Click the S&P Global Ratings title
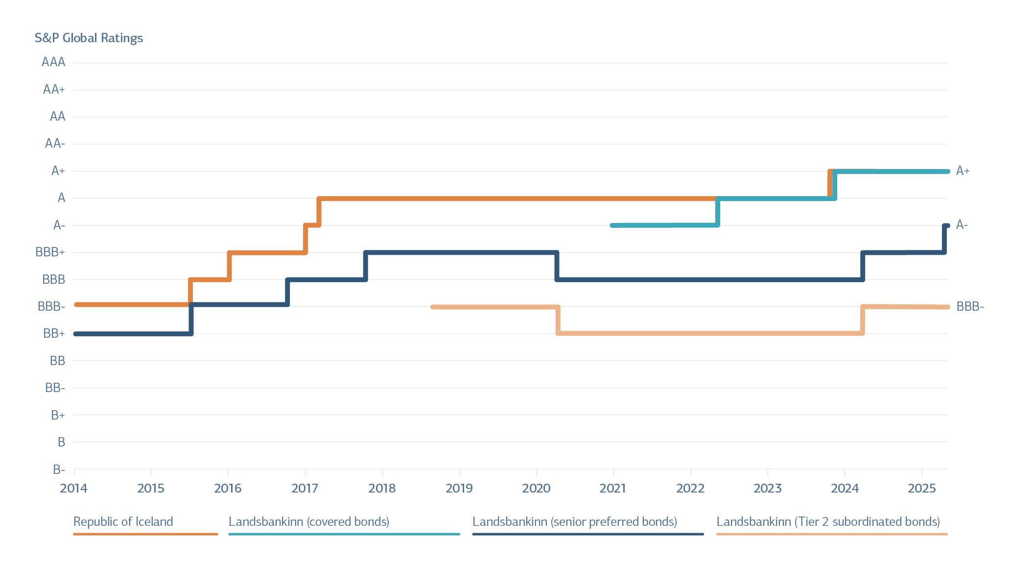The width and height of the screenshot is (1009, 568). (89, 38)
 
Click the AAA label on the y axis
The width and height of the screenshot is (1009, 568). (53, 62)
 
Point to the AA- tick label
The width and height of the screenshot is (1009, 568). (55, 144)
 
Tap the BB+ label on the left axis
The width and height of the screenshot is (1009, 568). (54, 334)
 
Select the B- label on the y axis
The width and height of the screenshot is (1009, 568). (59, 469)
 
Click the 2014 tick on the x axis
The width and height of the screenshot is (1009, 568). (74, 488)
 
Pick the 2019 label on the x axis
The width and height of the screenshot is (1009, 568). (459, 488)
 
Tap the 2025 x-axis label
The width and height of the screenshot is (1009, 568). (921, 488)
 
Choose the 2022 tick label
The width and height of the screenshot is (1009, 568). (690, 488)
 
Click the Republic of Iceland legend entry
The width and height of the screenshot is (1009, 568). (123, 521)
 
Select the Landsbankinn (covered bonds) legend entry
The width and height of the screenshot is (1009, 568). (309, 521)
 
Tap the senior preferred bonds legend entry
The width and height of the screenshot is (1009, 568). (575, 521)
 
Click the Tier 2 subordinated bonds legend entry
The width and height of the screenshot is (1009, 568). (828, 521)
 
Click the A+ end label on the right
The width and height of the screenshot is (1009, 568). (962, 171)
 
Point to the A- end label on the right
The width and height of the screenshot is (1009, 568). (962, 225)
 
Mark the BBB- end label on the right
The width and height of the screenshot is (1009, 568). (970, 307)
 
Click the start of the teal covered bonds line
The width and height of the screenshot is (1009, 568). (612, 225)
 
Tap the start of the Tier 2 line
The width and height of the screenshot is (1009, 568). (432, 307)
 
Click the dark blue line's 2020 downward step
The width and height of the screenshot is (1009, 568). (557, 266)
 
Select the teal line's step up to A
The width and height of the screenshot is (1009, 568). (718, 212)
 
